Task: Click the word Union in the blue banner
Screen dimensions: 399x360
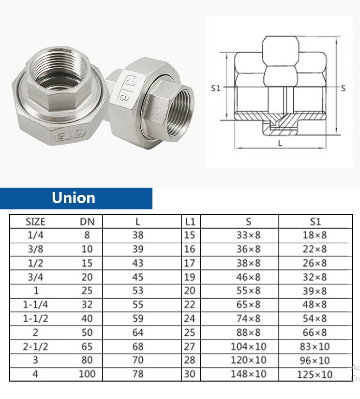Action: pyautogui.click(x=74, y=198)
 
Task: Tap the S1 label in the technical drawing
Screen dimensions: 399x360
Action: pyautogui.click(x=216, y=88)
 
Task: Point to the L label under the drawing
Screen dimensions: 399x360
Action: pyautogui.click(x=281, y=143)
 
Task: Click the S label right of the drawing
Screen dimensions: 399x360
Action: pyautogui.click(x=343, y=88)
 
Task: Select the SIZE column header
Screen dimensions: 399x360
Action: pyautogui.click(x=35, y=222)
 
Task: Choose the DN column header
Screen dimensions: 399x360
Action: pyautogui.click(x=87, y=222)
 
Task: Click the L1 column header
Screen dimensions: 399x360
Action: pyautogui.click(x=190, y=222)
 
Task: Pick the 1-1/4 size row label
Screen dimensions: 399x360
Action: pyautogui.click(x=35, y=305)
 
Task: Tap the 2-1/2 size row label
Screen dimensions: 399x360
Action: pyautogui.click(x=35, y=347)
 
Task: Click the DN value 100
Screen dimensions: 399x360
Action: pyautogui.click(x=87, y=374)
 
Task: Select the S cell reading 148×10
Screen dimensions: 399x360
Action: pyautogui.click(x=248, y=374)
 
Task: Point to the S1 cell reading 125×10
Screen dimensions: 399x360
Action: pyautogui.click(x=315, y=374)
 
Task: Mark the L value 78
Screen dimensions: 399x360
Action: pyautogui.click(x=138, y=374)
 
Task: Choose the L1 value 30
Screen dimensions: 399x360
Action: pyautogui.click(x=190, y=374)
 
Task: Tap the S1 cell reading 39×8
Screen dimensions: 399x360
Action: pyautogui.click(x=315, y=291)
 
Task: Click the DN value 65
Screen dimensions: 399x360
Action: pyautogui.click(x=87, y=347)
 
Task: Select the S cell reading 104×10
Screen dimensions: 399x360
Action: pyautogui.click(x=248, y=347)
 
